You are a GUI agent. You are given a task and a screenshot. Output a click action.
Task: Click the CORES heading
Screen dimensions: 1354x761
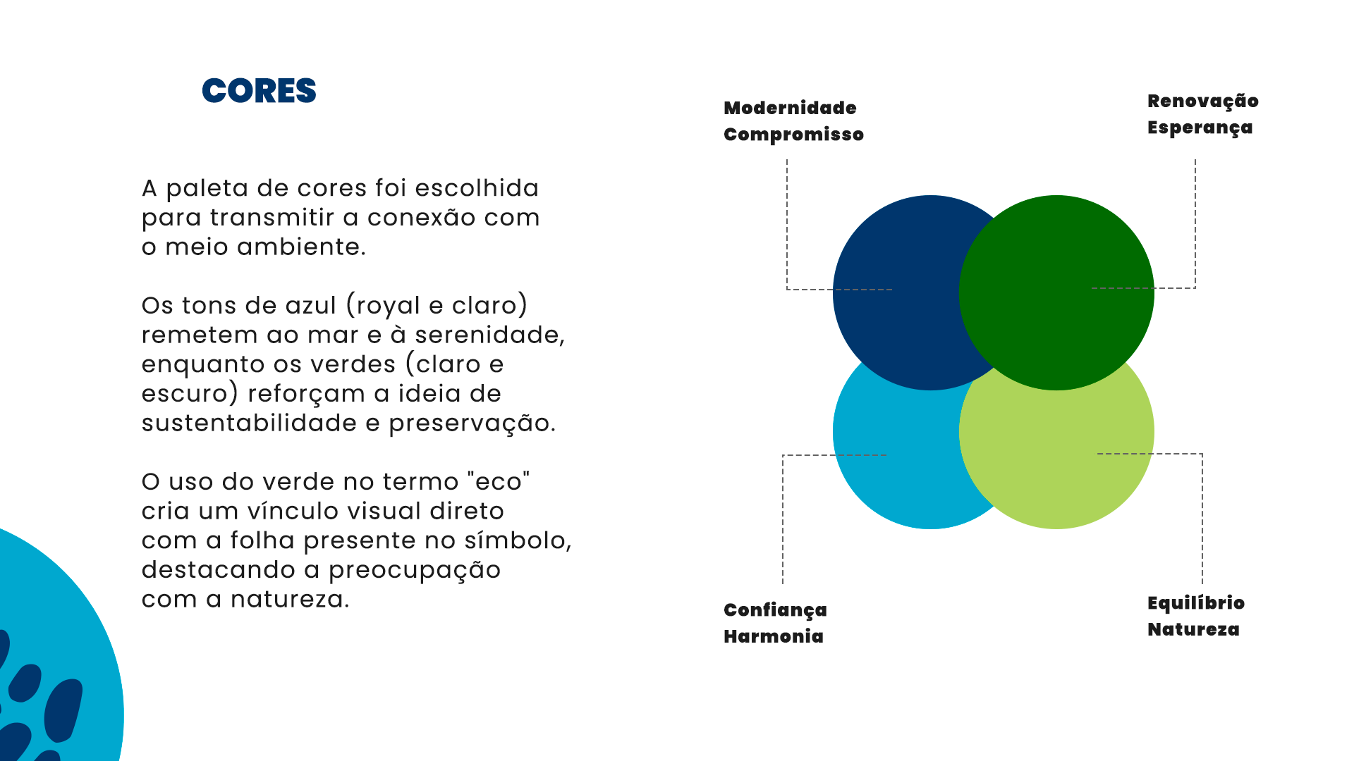point(259,91)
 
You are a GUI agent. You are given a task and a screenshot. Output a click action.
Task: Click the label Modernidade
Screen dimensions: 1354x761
point(790,108)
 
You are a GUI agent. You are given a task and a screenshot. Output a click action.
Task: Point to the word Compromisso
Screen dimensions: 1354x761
point(793,135)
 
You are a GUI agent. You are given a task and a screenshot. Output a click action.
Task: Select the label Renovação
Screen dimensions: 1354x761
point(1202,101)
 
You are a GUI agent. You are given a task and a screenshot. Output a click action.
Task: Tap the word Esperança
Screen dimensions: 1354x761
point(1200,128)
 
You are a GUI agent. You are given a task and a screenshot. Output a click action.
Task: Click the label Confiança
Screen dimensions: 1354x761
point(775,610)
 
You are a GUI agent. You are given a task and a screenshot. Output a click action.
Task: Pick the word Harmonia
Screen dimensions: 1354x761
point(773,636)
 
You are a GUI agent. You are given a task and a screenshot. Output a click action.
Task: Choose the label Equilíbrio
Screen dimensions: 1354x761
point(1195,603)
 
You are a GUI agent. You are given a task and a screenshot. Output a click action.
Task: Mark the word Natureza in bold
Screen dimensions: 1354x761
point(1193,629)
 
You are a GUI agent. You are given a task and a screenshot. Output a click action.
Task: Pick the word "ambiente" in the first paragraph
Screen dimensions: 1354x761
point(301,247)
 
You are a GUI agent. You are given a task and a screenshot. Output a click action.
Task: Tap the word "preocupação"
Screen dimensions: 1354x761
point(415,570)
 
